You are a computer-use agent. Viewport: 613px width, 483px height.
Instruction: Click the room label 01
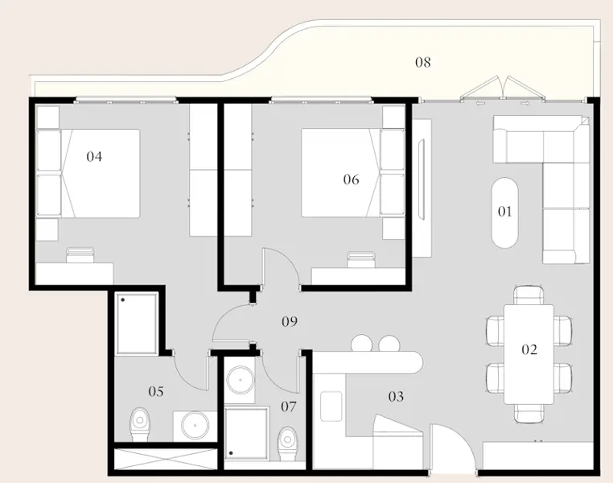(x=504, y=213)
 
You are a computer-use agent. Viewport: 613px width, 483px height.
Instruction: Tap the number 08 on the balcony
(x=422, y=62)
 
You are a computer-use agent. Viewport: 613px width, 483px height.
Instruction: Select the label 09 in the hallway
(x=290, y=322)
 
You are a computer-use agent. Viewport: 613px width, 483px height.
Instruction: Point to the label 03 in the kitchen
(x=396, y=397)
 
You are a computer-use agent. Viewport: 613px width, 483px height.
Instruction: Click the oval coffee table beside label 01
(x=505, y=213)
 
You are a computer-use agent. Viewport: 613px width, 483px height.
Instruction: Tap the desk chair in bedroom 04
(x=80, y=255)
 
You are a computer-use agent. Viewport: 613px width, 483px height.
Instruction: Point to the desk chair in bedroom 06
(x=360, y=259)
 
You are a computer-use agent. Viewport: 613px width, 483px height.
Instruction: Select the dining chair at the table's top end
(x=529, y=295)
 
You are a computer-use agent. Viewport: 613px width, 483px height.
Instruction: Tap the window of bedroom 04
(x=125, y=100)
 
